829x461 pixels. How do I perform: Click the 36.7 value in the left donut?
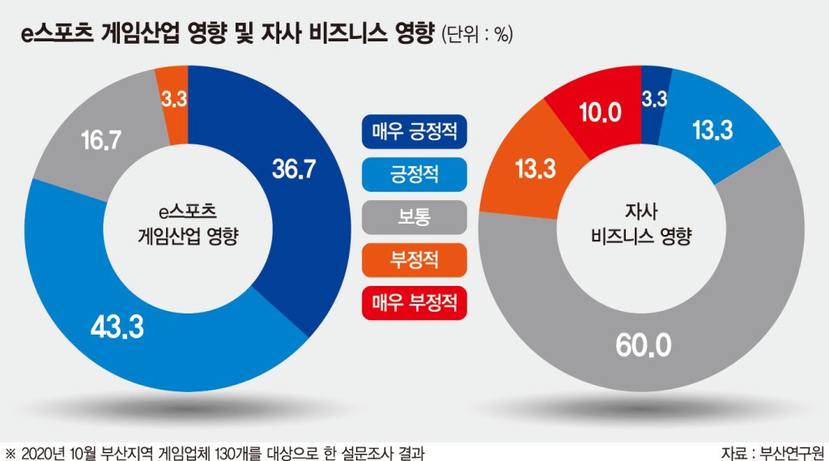(x=294, y=169)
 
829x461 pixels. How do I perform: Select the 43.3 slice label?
(x=117, y=327)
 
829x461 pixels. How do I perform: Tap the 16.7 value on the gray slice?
(x=101, y=140)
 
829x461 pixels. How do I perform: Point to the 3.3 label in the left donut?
(x=174, y=99)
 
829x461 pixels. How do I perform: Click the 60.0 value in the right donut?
(x=644, y=345)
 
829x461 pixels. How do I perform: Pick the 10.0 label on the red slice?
(x=600, y=112)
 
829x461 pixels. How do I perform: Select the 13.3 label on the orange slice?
(x=536, y=169)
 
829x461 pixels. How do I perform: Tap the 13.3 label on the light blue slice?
(x=712, y=130)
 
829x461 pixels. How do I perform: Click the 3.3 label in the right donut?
(x=654, y=99)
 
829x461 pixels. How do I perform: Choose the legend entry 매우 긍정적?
(x=414, y=131)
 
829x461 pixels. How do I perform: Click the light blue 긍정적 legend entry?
(x=414, y=174)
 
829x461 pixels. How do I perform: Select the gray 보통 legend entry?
(x=414, y=217)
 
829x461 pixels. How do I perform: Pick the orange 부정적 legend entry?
(x=414, y=260)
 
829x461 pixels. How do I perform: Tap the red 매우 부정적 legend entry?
(x=414, y=303)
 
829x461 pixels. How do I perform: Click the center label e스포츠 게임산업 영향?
(x=188, y=223)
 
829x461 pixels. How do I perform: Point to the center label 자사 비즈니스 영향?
(x=641, y=223)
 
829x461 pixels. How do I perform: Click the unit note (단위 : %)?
(x=477, y=34)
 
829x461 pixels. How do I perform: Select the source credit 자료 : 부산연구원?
(x=772, y=453)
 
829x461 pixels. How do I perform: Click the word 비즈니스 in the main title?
(x=341, y=33)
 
